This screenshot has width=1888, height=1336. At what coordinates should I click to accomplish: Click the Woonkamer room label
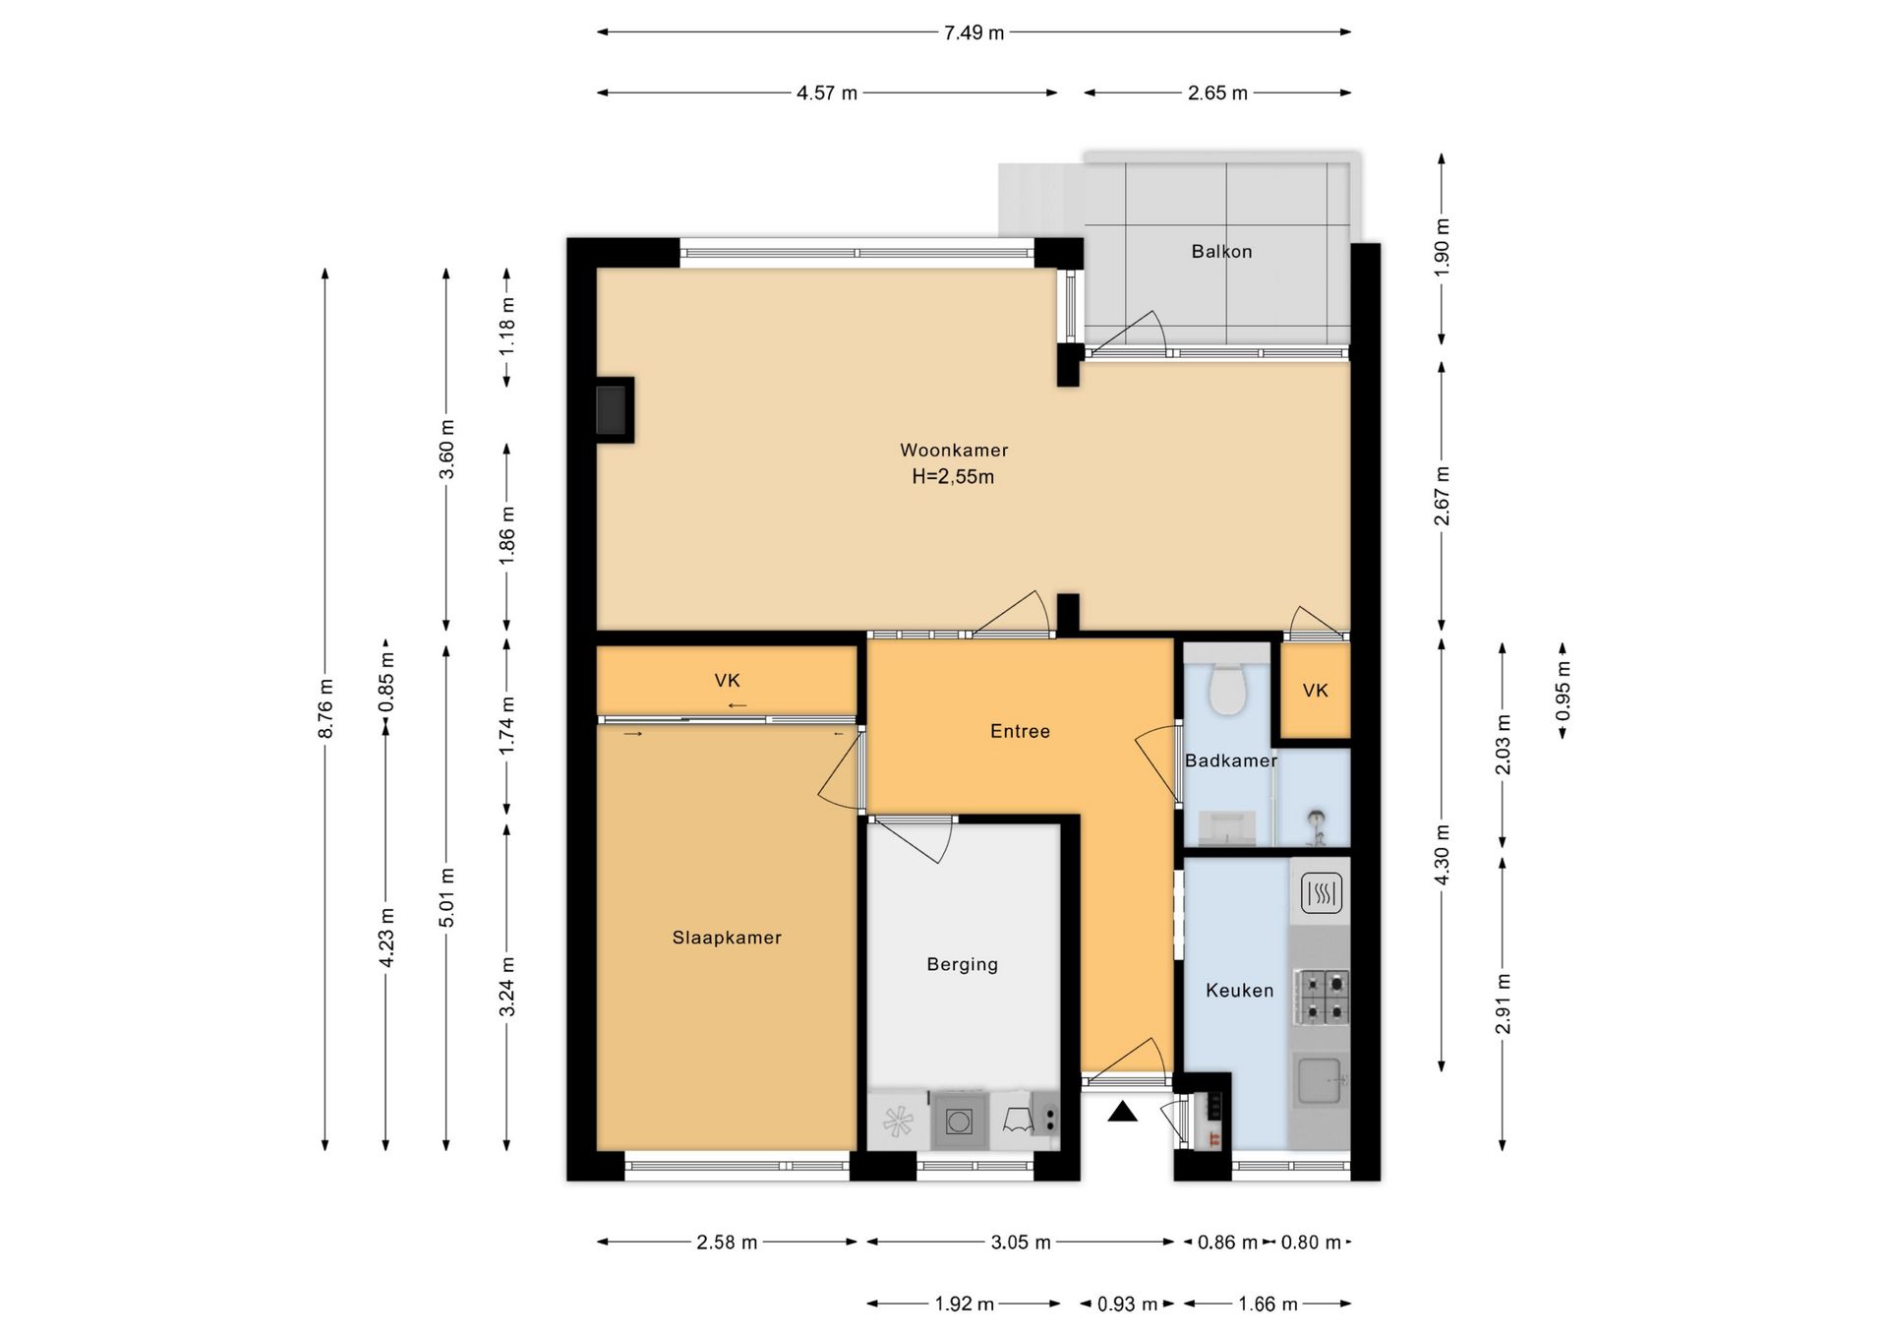tap(954, 451)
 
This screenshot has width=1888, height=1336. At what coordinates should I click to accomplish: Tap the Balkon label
tap(1221, 252)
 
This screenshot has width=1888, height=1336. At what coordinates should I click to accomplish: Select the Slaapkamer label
tap(727, 939)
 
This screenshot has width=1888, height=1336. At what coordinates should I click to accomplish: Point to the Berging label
tap(962, 965)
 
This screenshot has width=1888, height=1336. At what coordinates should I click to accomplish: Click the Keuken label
tap(1239, 991)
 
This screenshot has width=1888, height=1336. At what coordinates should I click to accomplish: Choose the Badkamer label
tap(1230, 760)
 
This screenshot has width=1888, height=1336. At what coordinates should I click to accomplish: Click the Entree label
tap(1020, 731)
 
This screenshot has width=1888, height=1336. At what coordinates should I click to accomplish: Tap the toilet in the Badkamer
tap(1226, 688)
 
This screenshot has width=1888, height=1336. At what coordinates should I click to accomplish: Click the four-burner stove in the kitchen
tap(1322, 996)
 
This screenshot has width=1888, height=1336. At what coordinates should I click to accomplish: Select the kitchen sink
tap(1321, 1080)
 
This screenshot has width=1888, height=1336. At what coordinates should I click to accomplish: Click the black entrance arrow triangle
tap(1122, 1112)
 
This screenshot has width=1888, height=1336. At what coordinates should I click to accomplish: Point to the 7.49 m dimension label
tap(973, 32)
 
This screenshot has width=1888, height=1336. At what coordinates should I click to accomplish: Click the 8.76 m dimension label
tap(325, 708)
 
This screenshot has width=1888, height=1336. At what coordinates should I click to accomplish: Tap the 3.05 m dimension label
tap(1021, 1243)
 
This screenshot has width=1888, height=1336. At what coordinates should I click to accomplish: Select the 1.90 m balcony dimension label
tap(1442, 246)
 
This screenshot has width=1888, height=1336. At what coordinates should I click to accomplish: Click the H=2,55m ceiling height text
tap(953, 477)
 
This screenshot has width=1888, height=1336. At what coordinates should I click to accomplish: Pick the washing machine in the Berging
tap(959, 1120)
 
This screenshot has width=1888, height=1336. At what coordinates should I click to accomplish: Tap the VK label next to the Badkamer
tap(1315, 691)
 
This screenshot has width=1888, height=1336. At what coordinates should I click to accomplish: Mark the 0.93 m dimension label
tap(1127, 1305)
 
